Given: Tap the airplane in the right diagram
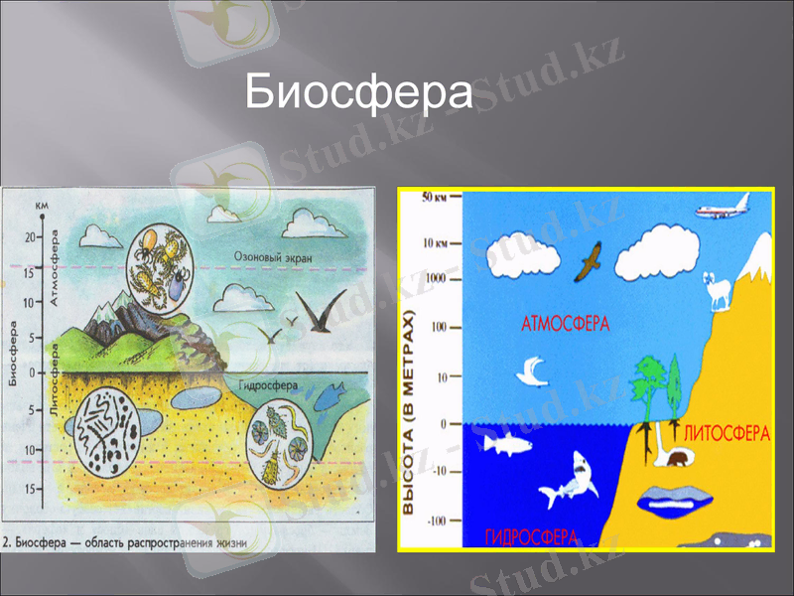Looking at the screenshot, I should (721, 212).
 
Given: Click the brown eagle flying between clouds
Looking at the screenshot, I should (593, 260).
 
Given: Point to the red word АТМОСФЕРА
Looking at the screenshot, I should (565, 323).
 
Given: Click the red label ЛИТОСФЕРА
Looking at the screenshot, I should (727, 433).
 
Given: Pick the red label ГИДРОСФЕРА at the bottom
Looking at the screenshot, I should (531, 536).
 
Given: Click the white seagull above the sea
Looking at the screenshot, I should (533, 372).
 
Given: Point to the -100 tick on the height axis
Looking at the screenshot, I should (436, 521).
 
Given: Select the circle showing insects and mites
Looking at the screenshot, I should (163, 265).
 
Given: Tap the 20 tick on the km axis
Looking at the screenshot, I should (31, 236).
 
